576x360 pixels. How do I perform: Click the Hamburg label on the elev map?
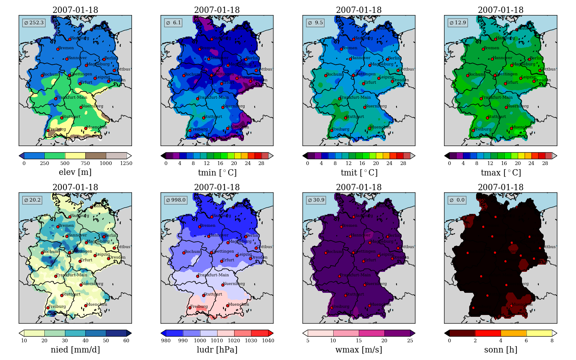(x=80, y=38)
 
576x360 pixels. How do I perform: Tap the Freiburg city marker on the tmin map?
(x=190, y=130)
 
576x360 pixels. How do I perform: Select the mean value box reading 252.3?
(x=34, y=23)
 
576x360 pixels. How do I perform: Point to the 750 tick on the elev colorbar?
(x=85, y=163)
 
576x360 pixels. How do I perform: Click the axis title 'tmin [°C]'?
(x=217, y=172)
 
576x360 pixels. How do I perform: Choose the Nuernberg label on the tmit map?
(x=376, y=106)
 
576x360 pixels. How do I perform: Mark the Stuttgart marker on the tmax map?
(x=487, y=118)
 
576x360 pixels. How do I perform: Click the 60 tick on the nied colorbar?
(x=126, y=340)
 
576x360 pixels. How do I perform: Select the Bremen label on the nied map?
(x=66, y=226)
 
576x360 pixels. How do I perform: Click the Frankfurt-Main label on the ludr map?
(x=213, y=275)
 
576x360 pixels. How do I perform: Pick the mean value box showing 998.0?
(x=176, y=200)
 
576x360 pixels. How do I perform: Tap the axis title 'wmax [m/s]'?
(x=359, y=350)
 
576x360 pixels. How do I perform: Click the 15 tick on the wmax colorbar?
(x=359, y=340)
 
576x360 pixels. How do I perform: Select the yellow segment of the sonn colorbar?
(x=539, y=333)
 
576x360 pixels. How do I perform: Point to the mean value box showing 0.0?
(x=457, y=200)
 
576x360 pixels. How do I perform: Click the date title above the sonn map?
(x=501, y=187)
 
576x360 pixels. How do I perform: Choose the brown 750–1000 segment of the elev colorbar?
(x=96, y=156)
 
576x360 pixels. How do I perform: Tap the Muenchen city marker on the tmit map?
(x=370, y=128)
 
